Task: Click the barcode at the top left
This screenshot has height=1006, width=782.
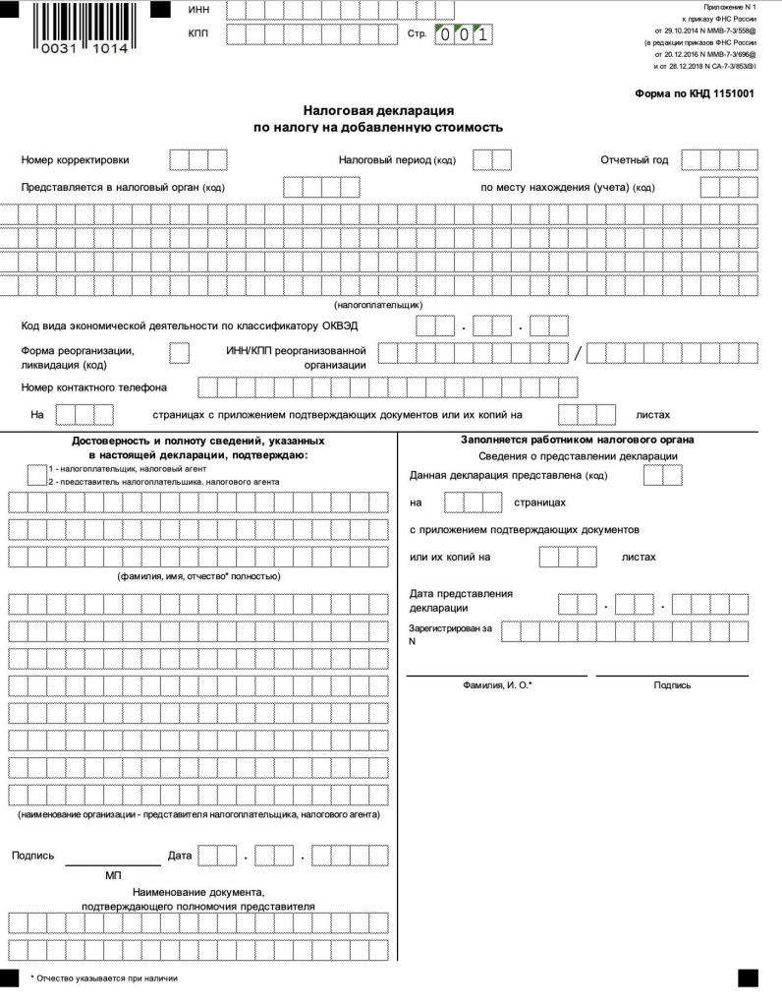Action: point(84,24)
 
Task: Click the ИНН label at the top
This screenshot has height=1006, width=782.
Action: point(198,9)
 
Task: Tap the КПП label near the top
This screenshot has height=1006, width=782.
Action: point(198,34)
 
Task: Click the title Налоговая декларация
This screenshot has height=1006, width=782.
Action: point(378,111)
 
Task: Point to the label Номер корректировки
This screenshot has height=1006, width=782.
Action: point(75,159)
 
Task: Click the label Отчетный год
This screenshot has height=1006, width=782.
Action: point(634,159)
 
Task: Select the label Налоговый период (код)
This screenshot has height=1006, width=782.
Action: point(397,159)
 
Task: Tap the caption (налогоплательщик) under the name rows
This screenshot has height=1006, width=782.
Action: point(378,305)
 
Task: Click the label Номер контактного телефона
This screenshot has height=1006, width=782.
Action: point(93,387)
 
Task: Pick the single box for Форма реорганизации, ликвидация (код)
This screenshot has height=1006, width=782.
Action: point(180,352)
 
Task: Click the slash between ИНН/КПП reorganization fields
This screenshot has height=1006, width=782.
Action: point(578,353)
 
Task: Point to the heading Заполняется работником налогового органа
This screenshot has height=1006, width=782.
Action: point(578,440)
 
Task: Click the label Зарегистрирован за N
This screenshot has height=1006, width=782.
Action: point(451,633)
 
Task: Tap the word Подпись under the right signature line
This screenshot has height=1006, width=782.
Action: point(672,685)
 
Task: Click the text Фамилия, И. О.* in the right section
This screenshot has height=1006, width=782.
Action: point(497,685)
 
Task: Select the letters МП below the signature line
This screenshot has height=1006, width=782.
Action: point(113,874)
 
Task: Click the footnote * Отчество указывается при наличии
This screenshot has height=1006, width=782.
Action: point(104,978)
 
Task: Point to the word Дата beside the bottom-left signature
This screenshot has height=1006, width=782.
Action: point(180,856)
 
